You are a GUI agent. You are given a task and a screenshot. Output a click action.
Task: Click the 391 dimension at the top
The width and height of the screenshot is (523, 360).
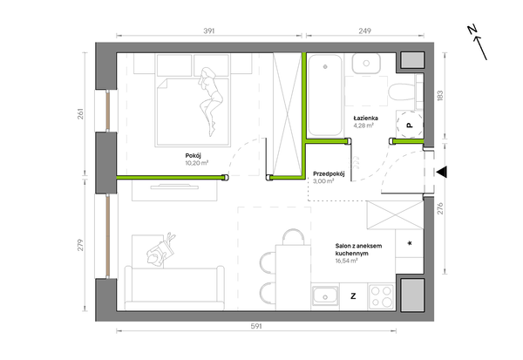209,31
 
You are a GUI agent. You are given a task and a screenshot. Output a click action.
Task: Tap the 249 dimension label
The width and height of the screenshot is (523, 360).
365,31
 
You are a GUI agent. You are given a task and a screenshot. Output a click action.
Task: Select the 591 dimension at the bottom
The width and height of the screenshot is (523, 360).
256,326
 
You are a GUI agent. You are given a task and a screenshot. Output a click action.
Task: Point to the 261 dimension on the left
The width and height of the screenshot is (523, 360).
80,114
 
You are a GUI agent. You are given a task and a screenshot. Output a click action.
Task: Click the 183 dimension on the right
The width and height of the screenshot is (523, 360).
440,96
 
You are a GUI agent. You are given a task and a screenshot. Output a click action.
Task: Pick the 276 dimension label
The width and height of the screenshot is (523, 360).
440,208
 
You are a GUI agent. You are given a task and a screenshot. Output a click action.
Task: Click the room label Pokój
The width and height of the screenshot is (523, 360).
194,156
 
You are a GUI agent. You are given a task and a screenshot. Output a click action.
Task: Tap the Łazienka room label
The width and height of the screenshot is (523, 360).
365,118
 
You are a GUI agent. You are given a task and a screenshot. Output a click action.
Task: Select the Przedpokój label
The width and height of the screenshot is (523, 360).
329,173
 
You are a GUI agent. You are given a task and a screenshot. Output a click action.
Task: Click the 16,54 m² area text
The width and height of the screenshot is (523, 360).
347,261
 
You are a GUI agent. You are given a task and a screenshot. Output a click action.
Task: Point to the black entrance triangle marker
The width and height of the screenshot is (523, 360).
442,173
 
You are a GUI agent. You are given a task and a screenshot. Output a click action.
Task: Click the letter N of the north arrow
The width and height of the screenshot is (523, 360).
472,30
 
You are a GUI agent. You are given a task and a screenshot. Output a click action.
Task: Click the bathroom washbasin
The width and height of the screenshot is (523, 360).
366,64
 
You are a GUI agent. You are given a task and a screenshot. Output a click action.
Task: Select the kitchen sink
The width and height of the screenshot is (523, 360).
325,296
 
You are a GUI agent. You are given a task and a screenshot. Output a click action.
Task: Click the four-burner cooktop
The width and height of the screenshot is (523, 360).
382,296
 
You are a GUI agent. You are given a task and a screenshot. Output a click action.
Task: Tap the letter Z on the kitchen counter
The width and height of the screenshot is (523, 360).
353,296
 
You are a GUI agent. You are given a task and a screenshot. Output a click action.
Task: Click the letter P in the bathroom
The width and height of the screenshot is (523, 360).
410,126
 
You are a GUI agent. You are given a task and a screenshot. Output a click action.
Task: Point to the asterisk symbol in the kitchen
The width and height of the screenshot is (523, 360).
410,243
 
